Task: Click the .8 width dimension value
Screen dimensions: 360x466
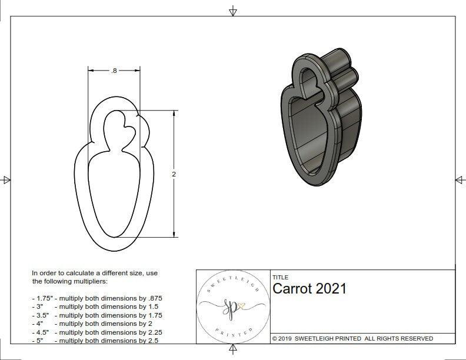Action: coord(114,71)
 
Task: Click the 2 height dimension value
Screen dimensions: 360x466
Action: coord(174,174)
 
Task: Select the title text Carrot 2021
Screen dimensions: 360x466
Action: coord(309,288)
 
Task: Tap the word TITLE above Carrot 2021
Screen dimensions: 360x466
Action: coord(281,277)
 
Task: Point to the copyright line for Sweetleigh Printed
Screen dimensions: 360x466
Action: coord(352,338)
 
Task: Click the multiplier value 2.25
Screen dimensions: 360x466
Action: coord(154,332)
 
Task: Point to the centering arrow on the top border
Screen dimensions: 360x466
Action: coord(233,11)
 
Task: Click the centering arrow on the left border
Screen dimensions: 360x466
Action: coord(6,179)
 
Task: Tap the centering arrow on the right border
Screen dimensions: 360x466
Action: coord(460,179)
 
